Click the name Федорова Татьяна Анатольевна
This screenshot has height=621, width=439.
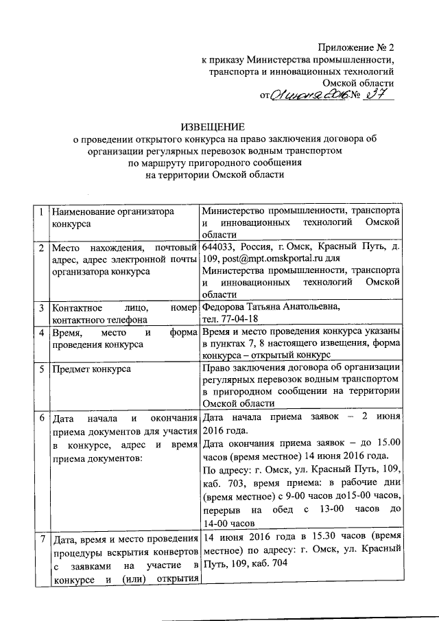(x=271, y=307)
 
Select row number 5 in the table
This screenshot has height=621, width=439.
(x=43, y=369)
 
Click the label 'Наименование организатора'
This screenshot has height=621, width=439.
(x=113, y=212)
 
